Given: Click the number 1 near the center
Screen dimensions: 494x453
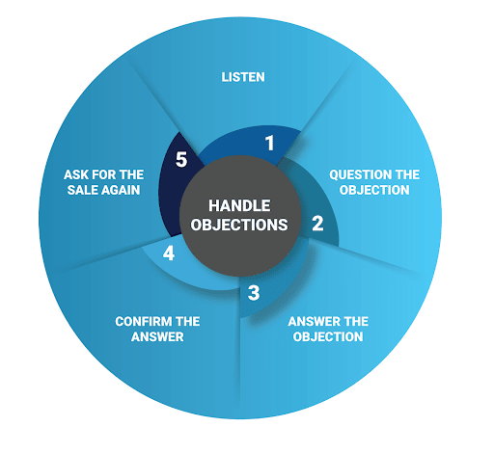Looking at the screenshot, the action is click(270, 143).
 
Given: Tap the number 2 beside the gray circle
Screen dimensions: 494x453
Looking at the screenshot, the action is click(317, 224).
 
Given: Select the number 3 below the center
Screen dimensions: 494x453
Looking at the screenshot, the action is click(254, 293).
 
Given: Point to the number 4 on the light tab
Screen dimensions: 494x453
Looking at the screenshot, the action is click(169, 253).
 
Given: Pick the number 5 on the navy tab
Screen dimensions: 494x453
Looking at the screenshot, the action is click(181, 160).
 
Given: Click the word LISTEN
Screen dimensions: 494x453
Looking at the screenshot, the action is click(243, 77).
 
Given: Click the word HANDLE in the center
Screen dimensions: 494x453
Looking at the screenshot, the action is click(239, 205).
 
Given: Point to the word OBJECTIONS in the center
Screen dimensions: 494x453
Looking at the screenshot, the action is click(239, 225).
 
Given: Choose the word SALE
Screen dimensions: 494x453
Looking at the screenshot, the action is click(80, 190).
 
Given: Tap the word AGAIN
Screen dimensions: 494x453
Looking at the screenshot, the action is click(119, 190).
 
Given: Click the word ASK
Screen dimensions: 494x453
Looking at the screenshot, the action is click(76, 174).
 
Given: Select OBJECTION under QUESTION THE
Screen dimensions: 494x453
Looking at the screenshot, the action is click(374, 190).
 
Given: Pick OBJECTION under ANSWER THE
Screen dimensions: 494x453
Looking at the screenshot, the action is click(328, 336).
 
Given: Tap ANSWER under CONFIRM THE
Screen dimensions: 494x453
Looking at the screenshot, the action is click(157, 336).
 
